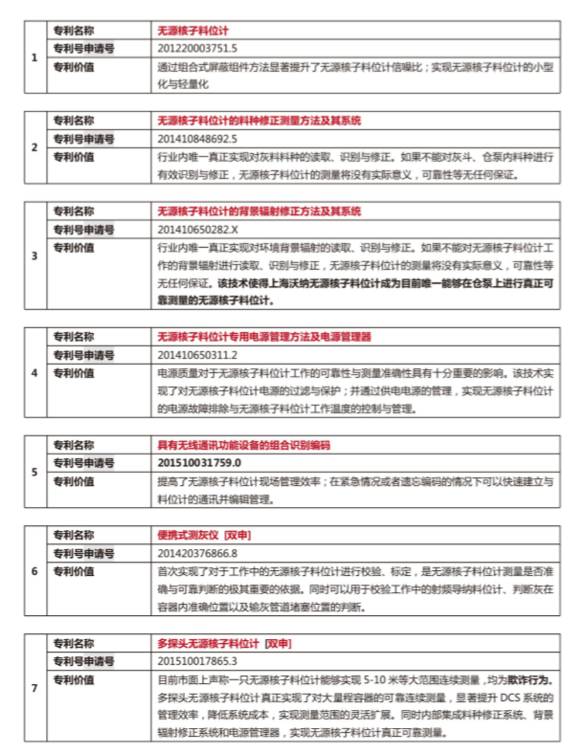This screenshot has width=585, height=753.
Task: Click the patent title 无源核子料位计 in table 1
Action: pyautogui.click(x=197, y=32)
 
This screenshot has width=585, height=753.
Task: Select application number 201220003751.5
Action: pyautogui.click(x=197, y=49)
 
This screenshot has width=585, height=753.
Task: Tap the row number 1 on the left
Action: pyautogui.click(x=34, y=58)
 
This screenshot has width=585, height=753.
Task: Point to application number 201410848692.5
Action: pyautogui.click(x=197, y=139)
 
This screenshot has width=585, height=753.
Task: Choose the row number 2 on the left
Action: pyautogui.click(x=34, y=147)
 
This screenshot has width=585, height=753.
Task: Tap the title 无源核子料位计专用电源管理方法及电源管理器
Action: pyautogui.click(x=264, y=338)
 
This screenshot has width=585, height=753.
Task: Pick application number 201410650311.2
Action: pyautogui.click(x=197, y=355)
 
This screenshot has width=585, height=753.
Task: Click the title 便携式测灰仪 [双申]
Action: pyautogui.click(x=204, y=535)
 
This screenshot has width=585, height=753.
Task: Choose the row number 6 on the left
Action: pyautogui.click(x=34, y=570)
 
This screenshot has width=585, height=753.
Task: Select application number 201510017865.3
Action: pyautogui.click(x=197, y=660)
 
